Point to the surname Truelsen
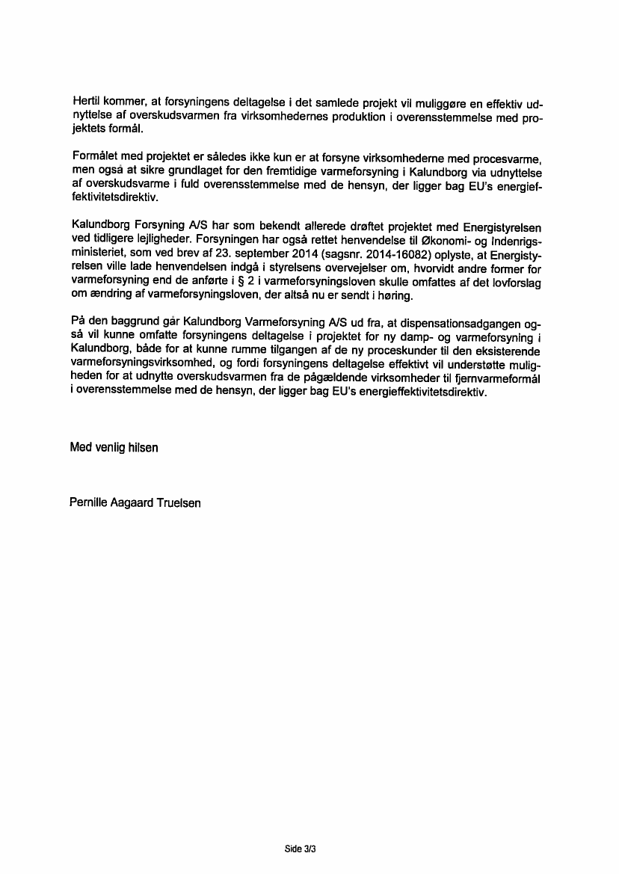pyautogui.click(x=179, y=503)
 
